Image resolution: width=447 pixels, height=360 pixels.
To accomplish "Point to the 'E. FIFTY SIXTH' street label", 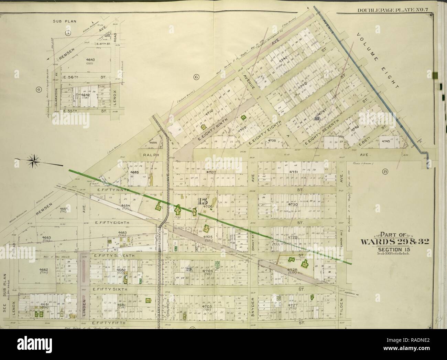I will (110, 289).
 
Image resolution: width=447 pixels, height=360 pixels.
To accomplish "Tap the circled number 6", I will (196, 77).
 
